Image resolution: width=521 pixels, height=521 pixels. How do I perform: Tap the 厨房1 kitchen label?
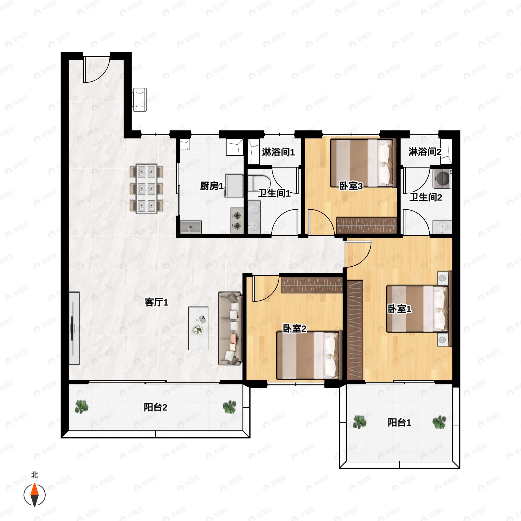click(x=212, y=186)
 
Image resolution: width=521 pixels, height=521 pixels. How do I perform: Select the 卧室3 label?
click(x=351, y=186)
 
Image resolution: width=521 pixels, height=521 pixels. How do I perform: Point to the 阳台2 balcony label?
click(x=155, y=407)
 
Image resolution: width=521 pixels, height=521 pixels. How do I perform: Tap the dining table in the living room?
click(x=147, y=189)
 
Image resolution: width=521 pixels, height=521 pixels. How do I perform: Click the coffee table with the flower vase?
click(x=198, y=328)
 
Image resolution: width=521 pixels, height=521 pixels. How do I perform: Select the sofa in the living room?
click(x=230, y=328)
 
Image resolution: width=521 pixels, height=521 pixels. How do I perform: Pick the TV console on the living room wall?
click(x=74, y=328)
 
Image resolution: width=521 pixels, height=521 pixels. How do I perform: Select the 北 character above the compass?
click(x=35, y=475)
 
